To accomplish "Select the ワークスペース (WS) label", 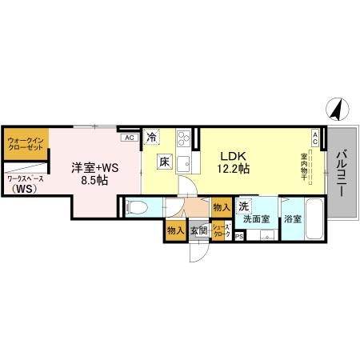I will (24, 184).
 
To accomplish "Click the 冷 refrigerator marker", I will (152, 138).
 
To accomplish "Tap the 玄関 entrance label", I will (199, 231).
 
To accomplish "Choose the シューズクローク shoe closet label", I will (222, 230).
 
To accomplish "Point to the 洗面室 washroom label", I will (256, 218).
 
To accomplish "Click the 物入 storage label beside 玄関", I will (175, 230).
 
